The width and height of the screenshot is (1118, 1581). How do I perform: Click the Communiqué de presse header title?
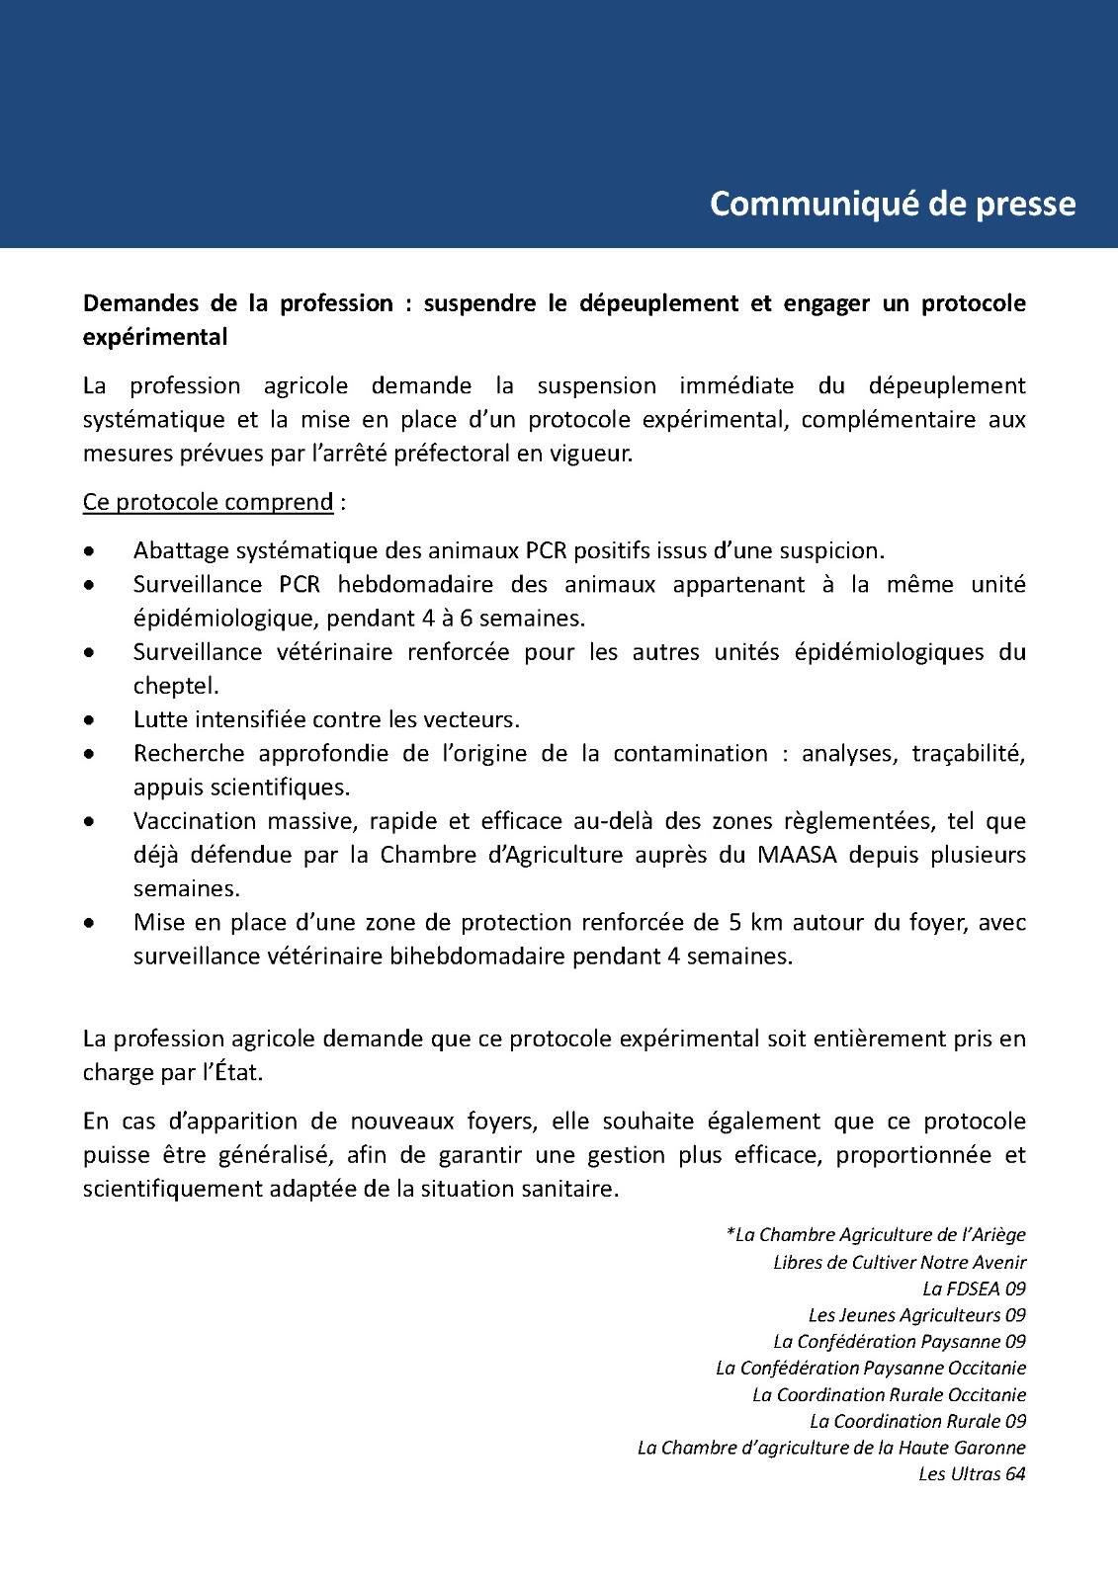pyautogui.click(x=893, y=203)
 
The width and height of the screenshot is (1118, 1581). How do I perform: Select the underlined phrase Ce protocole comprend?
pyautogui.click(x=208, y=502)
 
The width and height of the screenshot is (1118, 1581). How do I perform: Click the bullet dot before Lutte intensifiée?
pyautogui.click(x=90, y=719)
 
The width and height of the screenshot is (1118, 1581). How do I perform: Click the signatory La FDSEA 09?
pyautogui.click(x=974, y=1289)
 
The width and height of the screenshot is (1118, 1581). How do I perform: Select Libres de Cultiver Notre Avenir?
pyautogui.click(x=900, y=1262)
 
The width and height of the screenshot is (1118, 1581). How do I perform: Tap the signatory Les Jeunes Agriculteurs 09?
pyautogui.click(x=916, y=1315)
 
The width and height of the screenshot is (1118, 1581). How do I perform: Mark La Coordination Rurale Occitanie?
pyautogui.click(x=889, y=1394)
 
